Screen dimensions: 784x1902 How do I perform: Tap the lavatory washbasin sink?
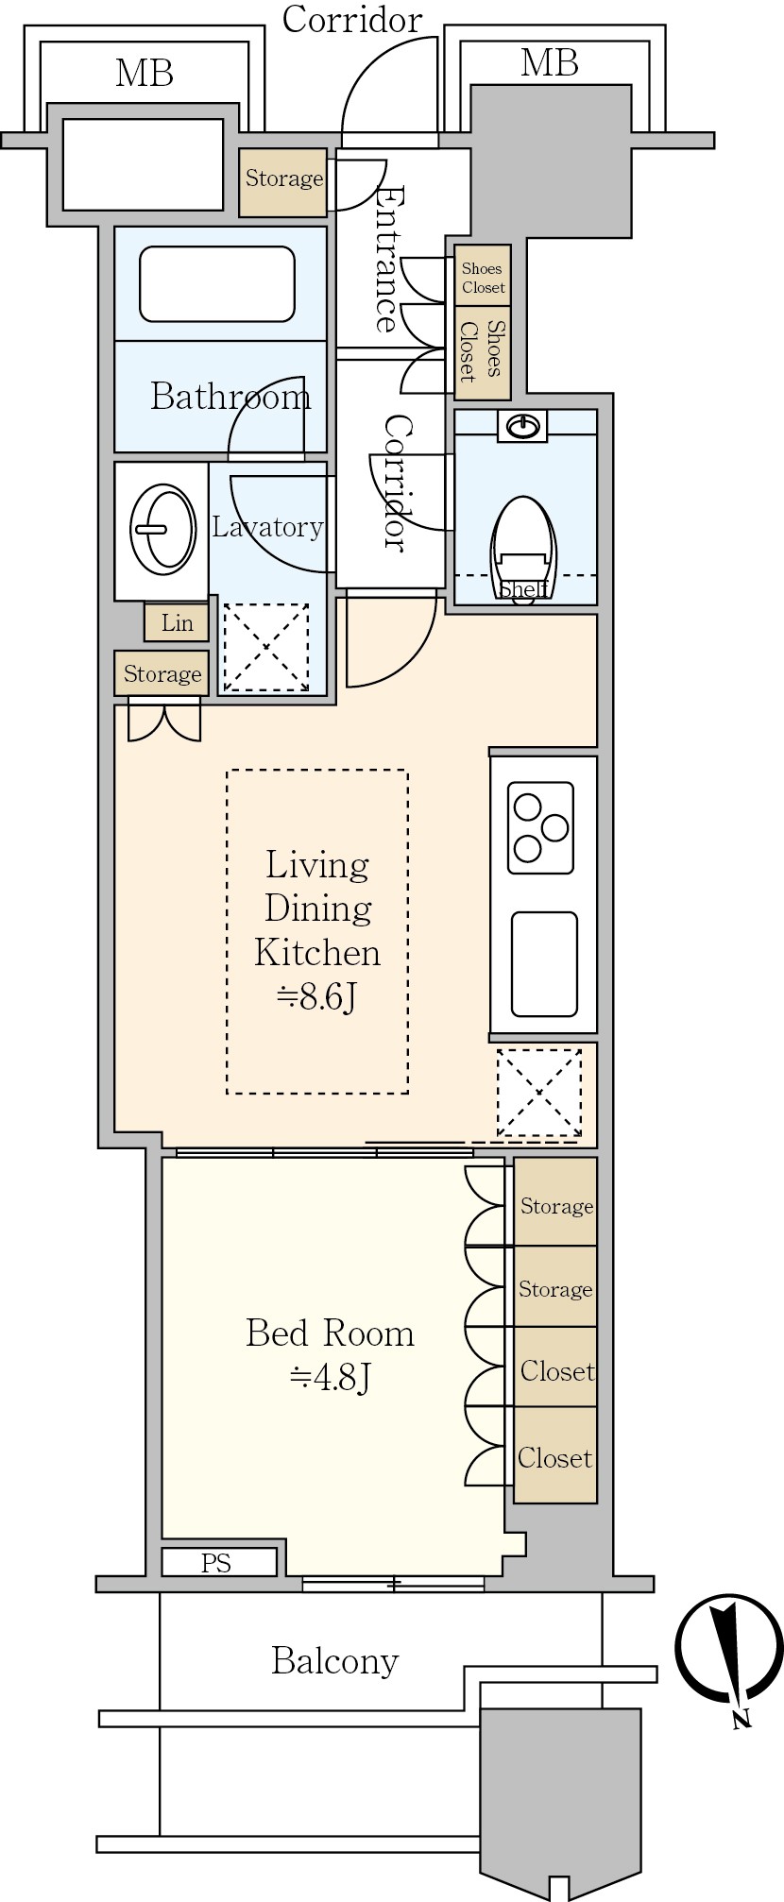(163, 530)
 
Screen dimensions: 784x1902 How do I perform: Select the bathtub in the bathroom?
(217, 284)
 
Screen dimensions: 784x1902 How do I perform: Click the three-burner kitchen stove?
(540, 827)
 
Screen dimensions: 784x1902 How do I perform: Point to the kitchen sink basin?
(544, 963)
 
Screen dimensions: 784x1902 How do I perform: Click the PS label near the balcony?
(216, 1563)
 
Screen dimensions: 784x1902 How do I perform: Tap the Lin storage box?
(177, 622)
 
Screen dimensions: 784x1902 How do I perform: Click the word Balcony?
(335, 1661)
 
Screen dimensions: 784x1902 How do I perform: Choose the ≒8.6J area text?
(317, 997)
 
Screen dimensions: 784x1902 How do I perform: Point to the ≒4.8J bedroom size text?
(330, 1379)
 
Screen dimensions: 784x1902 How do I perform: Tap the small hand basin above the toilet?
(522, 427)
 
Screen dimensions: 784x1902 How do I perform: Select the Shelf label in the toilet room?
(524, 589)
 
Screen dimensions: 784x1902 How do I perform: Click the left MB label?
(145, 74)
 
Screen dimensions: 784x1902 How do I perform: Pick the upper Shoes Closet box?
(483, 276)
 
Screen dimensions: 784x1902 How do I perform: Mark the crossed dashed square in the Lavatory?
(265, 647)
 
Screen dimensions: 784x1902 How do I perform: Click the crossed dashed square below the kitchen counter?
(539, 1093)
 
